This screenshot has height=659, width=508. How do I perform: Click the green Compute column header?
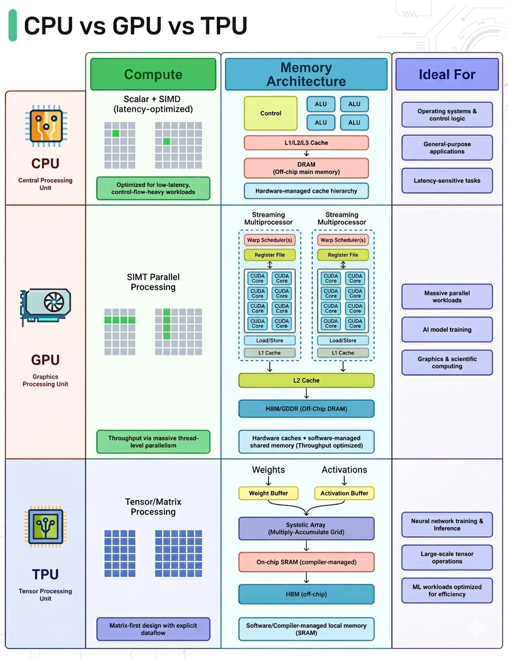(x=153, y=75)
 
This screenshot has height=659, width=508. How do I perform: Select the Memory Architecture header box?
(x=306, y=75)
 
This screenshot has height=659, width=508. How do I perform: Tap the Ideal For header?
(x=447, y=75)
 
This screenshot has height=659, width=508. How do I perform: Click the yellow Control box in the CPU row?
(x=271, y=113)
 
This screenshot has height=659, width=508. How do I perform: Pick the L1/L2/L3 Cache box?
(x=306, y=143)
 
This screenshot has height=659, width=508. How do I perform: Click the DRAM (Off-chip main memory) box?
(x=306, y=168)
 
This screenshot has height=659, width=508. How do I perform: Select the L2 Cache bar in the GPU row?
(x=306, y=380)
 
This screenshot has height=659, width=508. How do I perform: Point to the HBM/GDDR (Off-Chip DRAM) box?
(x=306, y=409)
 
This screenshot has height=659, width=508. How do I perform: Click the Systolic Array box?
(x=306, y=529)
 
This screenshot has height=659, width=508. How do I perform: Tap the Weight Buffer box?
(x=268, y=493)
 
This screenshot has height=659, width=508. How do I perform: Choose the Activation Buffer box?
(x=344, y=493)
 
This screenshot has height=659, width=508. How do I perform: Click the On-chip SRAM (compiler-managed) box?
(x=306, y=562)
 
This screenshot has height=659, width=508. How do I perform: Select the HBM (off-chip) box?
(x=306, y=594)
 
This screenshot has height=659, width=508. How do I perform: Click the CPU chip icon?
(x=45, y=125)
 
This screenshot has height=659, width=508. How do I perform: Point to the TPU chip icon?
(x=45, y=526)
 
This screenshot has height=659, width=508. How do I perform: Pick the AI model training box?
(x=447, y=329)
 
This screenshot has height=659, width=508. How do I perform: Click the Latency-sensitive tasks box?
(x=447, y=180)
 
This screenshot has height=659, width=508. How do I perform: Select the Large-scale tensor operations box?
(x=447, y=558)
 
